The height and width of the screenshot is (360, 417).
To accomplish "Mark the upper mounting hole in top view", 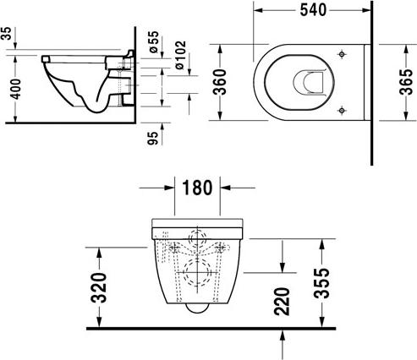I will tap(341, 54).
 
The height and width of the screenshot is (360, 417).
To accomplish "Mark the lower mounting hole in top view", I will tap(341, 110).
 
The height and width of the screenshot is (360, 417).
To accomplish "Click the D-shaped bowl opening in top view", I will tap(305, 82).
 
